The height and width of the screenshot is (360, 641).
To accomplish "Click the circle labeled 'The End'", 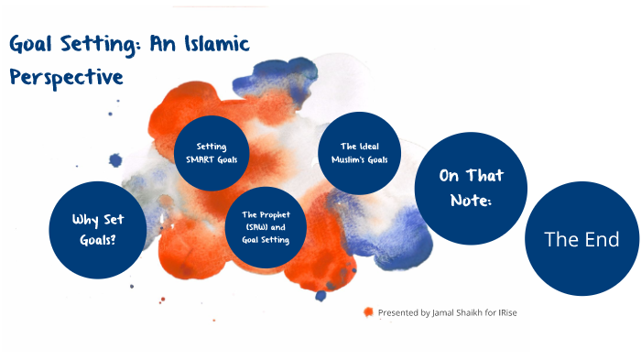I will [581, 240].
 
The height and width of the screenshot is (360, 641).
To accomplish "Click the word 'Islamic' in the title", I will [216, 43].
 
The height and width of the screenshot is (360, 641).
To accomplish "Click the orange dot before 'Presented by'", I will [368, 312].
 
